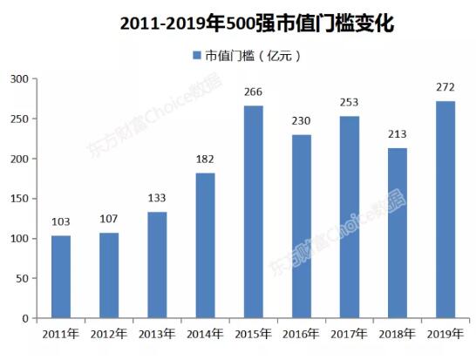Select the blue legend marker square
click(195, 56)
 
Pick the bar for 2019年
click(445, 209)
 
